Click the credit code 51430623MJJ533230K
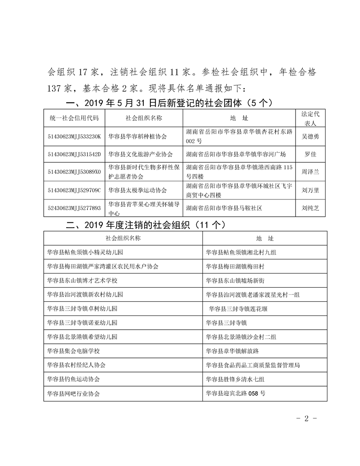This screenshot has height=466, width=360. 75,136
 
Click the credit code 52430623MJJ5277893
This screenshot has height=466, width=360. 75,208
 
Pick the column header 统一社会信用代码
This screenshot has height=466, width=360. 75,118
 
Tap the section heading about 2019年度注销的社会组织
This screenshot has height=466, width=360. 146,225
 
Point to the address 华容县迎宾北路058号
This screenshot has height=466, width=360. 236,393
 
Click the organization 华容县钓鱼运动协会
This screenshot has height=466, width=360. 74,379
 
